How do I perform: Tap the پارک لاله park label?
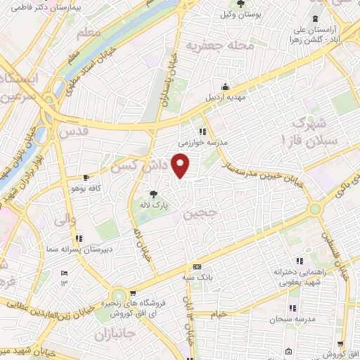tap(153, 205)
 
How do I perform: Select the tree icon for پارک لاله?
tap(153, 194)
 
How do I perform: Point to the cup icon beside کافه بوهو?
tap(86, 178)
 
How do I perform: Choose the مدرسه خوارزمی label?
tap(202, 142)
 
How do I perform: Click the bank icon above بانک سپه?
tap(197, 267)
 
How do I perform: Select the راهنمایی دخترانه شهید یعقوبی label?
tap(300, 275)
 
